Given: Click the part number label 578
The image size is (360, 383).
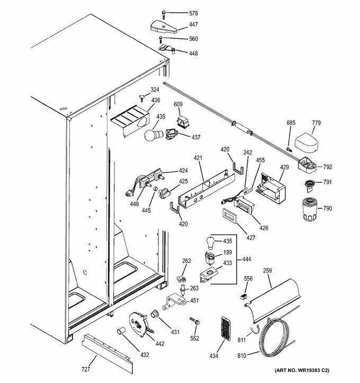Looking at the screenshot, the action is pyautogui.click(x=193, y=13).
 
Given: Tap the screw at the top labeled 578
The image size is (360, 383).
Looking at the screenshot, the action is pyautogui.click(x=163, y=14).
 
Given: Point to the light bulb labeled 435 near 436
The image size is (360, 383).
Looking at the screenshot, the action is pyautogui.click(x=154, y=135).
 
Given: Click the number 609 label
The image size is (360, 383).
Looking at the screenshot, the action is pyautogui.click(x=178, y=104).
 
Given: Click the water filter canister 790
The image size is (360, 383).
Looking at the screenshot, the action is pyautogui.click(x=310, y=209).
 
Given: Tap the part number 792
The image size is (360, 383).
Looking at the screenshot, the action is pyautogui.click(x=328, y=167).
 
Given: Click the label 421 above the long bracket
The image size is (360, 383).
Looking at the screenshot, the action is pyautogui.click(x=198, y=158).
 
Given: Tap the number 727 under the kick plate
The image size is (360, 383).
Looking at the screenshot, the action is pyautogui.click(x=86, y=370).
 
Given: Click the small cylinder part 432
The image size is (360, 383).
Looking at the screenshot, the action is pyautogui.click(x=121, y=332).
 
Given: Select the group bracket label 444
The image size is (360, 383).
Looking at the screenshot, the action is pyautogui.click(x=246, y=259).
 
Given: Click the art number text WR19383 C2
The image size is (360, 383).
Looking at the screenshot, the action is pyautogui.click(x=313, y=370).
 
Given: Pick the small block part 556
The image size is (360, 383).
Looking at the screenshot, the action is pyautogui.click(x=244, y=296).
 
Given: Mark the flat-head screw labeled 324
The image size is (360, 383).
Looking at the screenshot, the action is pyautogui.click(x=141, y=98).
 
